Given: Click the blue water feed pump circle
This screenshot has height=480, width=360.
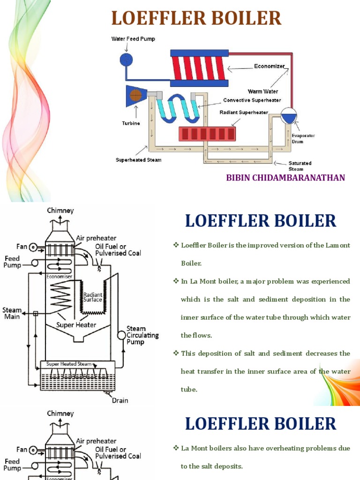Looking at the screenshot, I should click(x=126, y=59).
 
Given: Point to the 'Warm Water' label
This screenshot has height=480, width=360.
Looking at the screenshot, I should click(x=263, y=91).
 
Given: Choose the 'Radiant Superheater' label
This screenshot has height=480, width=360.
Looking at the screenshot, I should click(x=244, y=112).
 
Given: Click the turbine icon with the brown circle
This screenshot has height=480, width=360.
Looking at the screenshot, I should click(x=136, y=96).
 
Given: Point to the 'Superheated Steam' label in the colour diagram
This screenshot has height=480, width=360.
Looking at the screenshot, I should click(x=139, y=160).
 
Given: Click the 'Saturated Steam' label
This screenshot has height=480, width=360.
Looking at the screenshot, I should click(x=300, y=166).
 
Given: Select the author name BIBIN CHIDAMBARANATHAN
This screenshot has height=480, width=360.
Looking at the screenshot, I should click(x=285, y=178).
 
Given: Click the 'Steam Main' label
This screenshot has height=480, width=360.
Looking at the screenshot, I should click(x=12, y=313).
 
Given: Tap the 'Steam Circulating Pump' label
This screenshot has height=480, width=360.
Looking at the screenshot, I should click(x=142, y=335).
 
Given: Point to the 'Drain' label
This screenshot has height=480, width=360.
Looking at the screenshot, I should click(x=120, y=400).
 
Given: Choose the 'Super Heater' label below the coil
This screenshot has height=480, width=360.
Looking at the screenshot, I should click(x=76, y=325).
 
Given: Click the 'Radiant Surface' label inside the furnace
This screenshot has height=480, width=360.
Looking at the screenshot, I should click(x=92, y=297).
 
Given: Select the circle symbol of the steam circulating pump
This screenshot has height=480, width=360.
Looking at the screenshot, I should click(x=121, y=335).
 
